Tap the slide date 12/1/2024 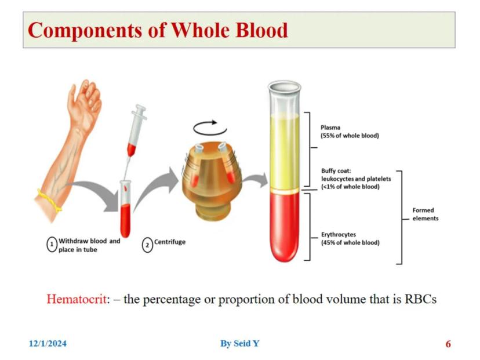48,344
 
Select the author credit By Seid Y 239,344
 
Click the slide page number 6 448,344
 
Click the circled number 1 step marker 52,245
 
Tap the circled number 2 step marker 147,245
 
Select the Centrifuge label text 170,242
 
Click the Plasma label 330,128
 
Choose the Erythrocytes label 339,235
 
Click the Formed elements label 423,214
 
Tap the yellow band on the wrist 50,201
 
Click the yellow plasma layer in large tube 285,151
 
